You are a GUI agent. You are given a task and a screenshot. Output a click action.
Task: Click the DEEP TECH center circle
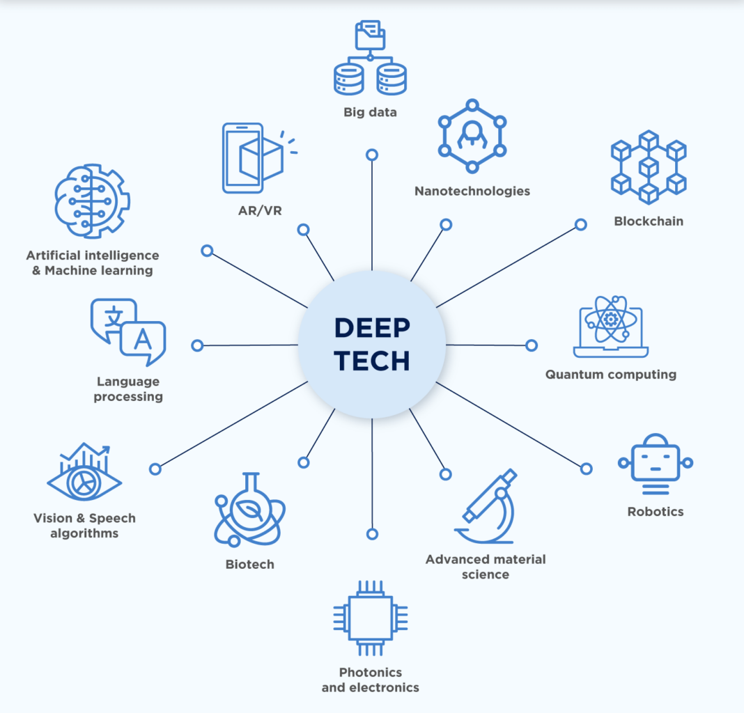(372, 345)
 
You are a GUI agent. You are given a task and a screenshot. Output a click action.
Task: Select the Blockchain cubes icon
(648, 166)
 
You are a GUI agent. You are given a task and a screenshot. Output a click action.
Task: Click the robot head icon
(656, 460)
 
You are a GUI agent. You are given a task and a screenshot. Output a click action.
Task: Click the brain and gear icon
(91, 203)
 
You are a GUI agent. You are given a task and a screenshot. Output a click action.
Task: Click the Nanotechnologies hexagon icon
(472, 136)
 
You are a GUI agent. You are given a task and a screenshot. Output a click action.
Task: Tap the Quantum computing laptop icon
(611, 327)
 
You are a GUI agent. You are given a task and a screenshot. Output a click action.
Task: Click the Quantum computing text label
(610, 375)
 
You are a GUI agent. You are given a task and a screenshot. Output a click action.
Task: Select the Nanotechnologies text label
(472, 191)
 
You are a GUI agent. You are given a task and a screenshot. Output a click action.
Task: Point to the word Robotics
(655, 512)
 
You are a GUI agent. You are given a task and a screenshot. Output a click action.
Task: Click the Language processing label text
(128, 389)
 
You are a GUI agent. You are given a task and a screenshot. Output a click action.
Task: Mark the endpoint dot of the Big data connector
(372, 155)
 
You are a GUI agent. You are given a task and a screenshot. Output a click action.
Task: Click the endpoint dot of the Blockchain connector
(580, 225)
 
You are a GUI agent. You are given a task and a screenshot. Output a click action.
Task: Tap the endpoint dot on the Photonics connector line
(372, 534)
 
